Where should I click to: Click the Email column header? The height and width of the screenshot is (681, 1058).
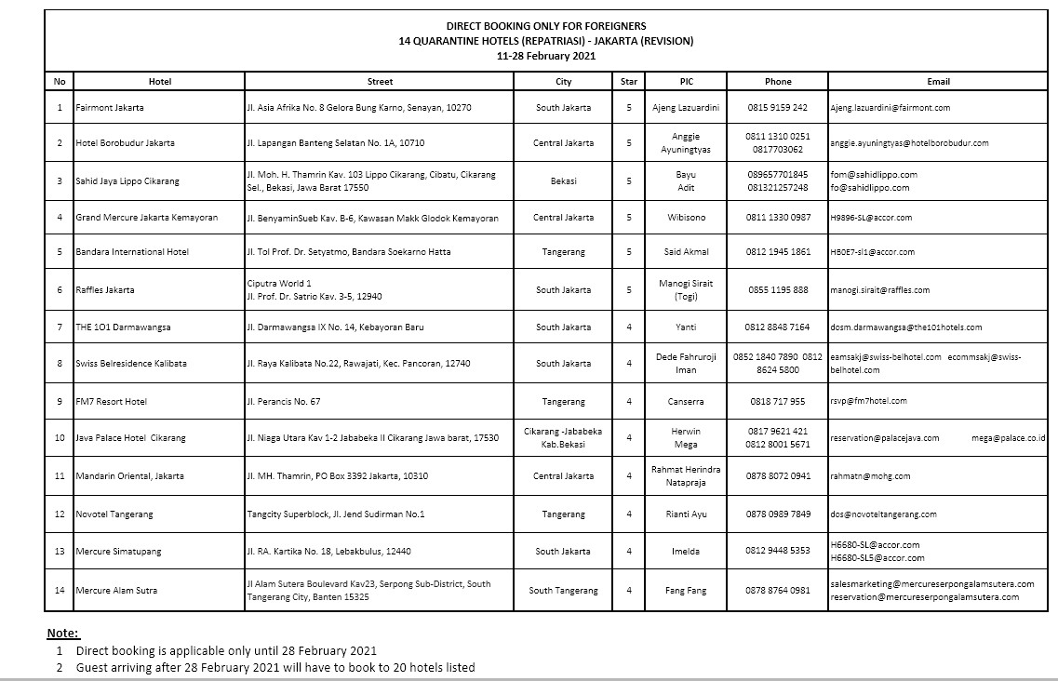938,82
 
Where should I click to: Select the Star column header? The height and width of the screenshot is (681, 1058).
629,82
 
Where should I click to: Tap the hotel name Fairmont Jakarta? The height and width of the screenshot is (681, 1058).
110,108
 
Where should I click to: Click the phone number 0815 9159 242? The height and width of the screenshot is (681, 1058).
777,108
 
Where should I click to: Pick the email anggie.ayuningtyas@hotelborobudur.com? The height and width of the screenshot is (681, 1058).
909,143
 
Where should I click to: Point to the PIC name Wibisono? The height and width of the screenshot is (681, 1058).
686,218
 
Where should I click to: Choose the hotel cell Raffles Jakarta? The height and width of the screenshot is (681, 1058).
105,290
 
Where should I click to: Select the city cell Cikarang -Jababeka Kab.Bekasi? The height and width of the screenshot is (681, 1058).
563,437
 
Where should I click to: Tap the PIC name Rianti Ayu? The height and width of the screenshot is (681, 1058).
686,514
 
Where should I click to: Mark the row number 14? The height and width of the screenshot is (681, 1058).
60,591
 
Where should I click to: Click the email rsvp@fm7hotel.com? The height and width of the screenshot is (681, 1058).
868,402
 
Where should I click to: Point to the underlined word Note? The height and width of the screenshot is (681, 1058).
63,634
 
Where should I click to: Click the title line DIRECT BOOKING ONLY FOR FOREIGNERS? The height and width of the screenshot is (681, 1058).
545,26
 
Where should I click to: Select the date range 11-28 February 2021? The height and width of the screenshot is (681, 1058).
546,56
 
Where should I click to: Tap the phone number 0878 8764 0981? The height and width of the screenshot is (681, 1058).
777,591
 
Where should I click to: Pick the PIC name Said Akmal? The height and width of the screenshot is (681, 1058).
686,252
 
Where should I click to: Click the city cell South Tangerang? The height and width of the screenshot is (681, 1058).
563,591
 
